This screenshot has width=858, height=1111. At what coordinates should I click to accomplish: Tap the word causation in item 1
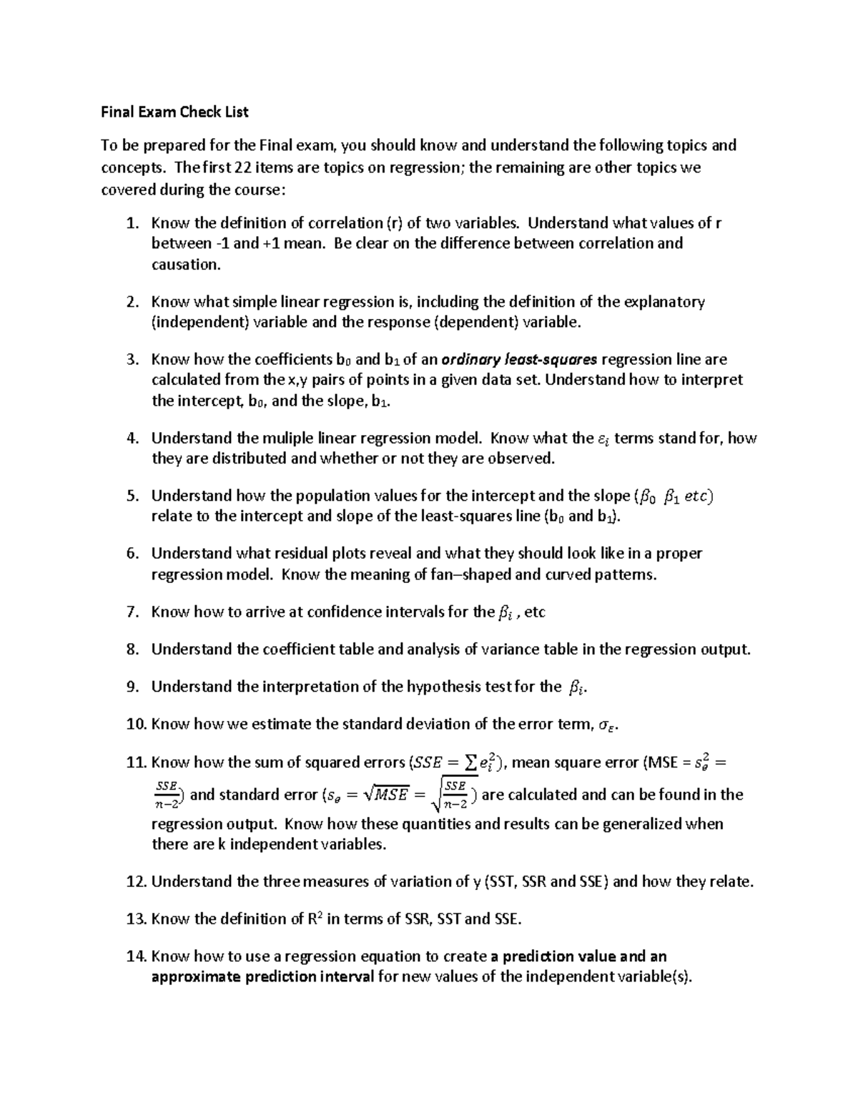point(185,265)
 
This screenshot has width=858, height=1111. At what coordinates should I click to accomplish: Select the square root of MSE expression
point(385,795)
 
